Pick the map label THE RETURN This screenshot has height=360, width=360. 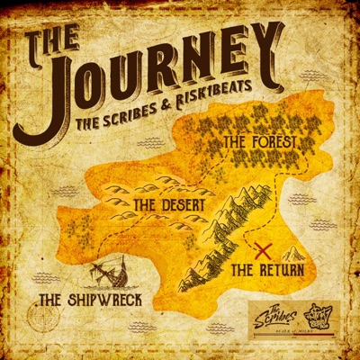click(267, 268)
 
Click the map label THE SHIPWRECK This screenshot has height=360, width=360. click(91, 298)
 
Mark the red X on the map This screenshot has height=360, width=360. click(265, 249)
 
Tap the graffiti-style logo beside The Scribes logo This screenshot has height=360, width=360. click(318, 316)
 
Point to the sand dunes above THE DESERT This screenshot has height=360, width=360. click(144, 184)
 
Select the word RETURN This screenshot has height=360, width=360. click(280, 268)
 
